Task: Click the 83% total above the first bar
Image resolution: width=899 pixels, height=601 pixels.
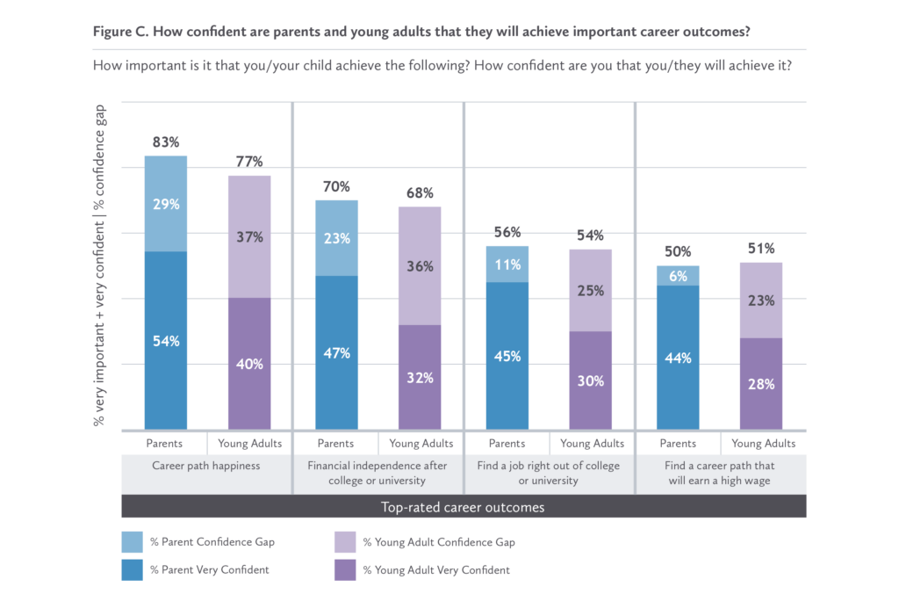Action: coord(166,141)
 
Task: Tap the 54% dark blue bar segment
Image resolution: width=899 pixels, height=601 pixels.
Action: coord(166,340)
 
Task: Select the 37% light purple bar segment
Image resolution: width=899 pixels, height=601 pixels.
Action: coord(249,236)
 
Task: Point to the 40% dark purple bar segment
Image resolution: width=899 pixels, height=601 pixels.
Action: coord(249,364)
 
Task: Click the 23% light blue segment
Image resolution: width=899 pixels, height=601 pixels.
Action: coord(336,237)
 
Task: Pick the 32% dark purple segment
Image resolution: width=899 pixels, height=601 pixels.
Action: coord(421,378)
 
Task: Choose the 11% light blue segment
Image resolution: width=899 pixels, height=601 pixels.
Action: coord(507,264)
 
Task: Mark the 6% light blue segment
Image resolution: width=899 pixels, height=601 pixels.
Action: coord(677,275)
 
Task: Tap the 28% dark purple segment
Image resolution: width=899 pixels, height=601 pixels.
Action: coord(761,384)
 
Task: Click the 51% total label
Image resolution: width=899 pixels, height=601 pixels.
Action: coord(761,249)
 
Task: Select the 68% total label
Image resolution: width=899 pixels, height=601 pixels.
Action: coord(421,192)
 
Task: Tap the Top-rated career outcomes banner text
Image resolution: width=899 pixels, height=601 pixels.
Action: coord(463,507)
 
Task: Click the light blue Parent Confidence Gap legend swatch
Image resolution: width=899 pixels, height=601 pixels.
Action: coord(133,542)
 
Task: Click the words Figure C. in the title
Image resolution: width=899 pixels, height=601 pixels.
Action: coord(122,32)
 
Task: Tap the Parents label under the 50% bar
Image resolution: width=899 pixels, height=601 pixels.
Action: coord(677,444)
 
